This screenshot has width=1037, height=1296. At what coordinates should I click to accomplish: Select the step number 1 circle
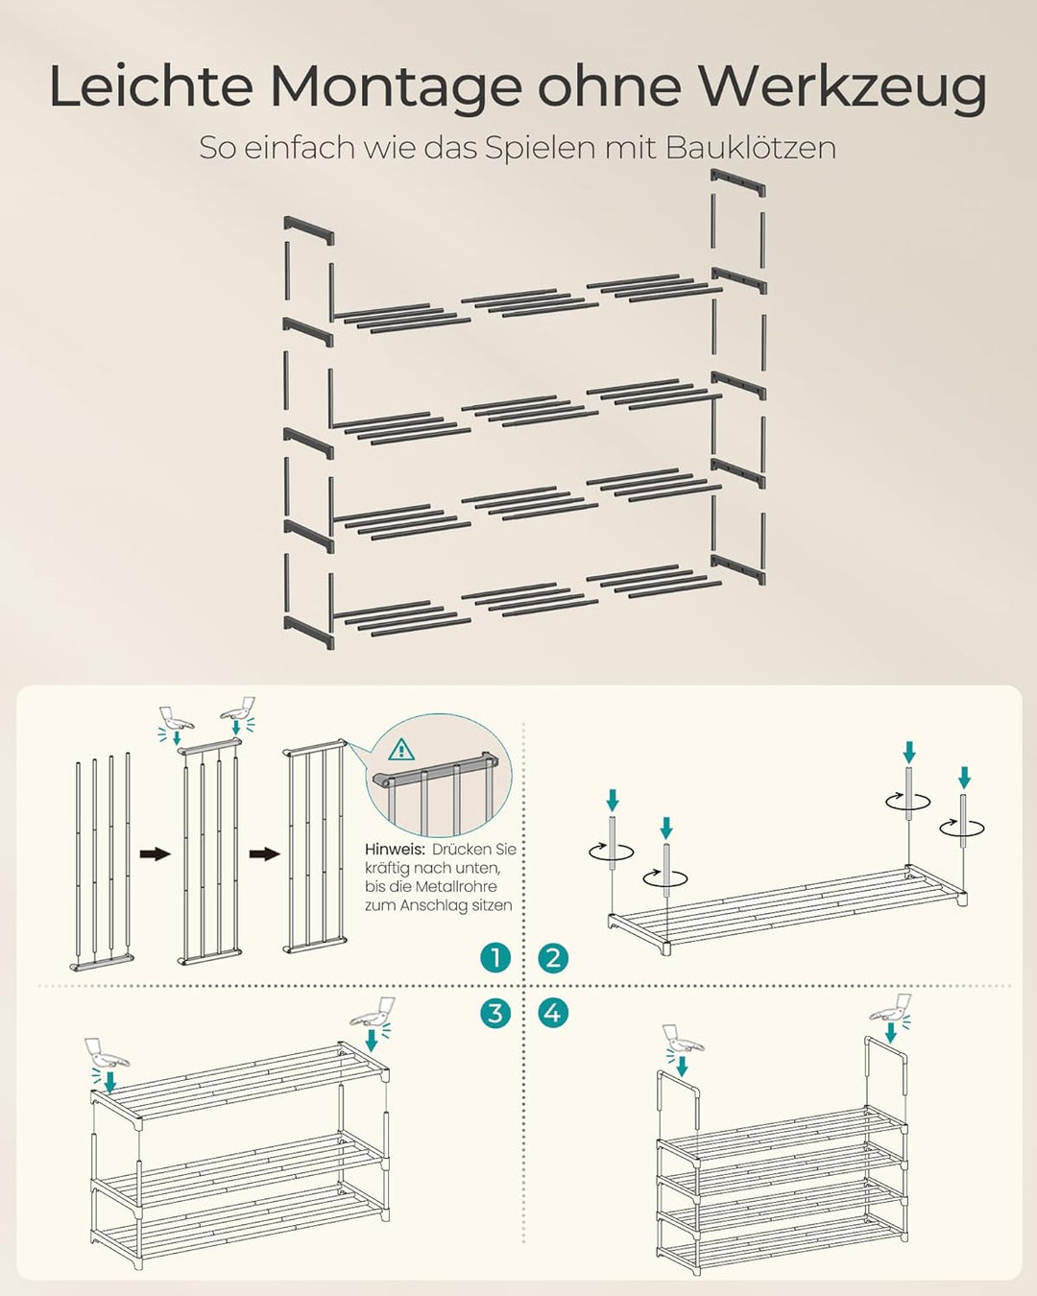tap(495, 957)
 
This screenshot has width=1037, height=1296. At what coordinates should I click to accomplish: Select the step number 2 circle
tap(552, 957)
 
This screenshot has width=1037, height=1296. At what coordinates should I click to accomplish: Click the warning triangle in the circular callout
tap(401, 751)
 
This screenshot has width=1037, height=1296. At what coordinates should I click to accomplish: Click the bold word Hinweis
tap(395, 850)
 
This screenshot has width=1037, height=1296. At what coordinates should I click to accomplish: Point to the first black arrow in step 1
tap(155, 854)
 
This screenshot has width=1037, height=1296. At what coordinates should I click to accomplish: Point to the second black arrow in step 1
tap(264, 854)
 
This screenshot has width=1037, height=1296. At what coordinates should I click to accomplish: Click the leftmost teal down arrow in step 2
tap(613, 801)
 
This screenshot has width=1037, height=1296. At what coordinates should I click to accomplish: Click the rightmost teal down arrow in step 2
tap(964, 778)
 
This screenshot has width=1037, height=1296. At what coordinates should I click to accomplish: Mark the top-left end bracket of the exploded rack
tap(308, 230)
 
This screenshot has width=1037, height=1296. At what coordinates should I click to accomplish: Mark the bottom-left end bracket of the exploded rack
tap(308, 633)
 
